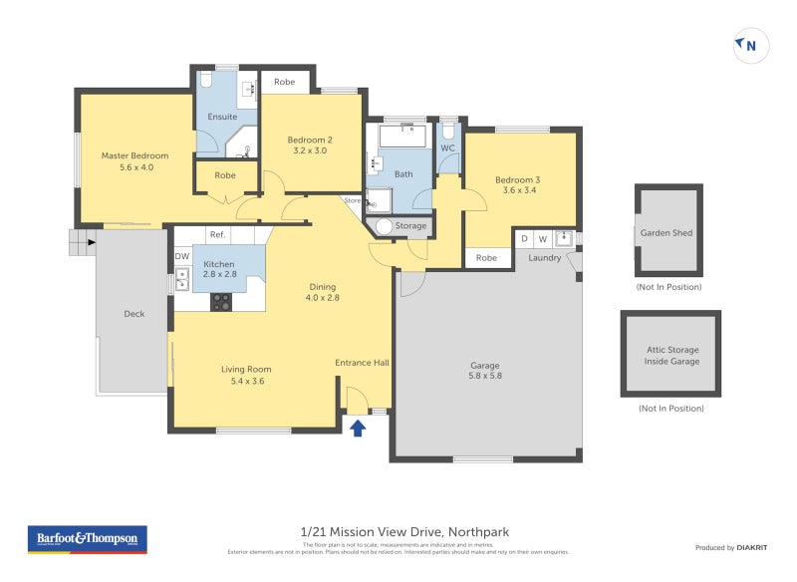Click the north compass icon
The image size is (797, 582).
(x=750, y=45)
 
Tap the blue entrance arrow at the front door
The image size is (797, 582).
(x=358, y=428)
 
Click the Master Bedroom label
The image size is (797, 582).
(x=134, y=161)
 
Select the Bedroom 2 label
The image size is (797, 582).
(x=309, y=145)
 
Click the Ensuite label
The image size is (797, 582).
(x=222, y=117)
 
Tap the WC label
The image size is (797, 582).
(x=447, y=148)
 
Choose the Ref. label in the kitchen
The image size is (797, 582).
(x=217, y=235)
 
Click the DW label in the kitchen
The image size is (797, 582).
(x=181, y=257)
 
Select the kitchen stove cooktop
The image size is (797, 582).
(x=221, y=300)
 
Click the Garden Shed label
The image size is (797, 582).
(x=667, y=233)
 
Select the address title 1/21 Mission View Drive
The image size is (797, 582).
(x=403, y=532)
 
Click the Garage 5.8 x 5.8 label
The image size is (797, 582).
(x=485, y=371)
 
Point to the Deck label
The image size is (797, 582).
(x=133, y=314)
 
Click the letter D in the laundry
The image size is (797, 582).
(x=524, y=239)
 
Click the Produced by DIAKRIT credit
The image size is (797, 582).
(x=732, y=547)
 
